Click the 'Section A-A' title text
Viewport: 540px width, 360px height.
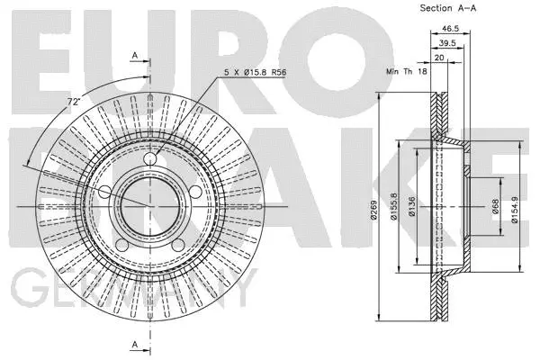pyautogui.click(x=448, y=7)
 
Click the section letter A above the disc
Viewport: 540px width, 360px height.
pyautogui.click(x=135, y=56)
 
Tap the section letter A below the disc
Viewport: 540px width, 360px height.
pyautogui.click(x=135, y=344)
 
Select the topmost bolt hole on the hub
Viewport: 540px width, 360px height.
pyautogui.click(x=151, y=163)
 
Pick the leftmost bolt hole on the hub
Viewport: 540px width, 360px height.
pyautogui.click(x=106, y=192)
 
